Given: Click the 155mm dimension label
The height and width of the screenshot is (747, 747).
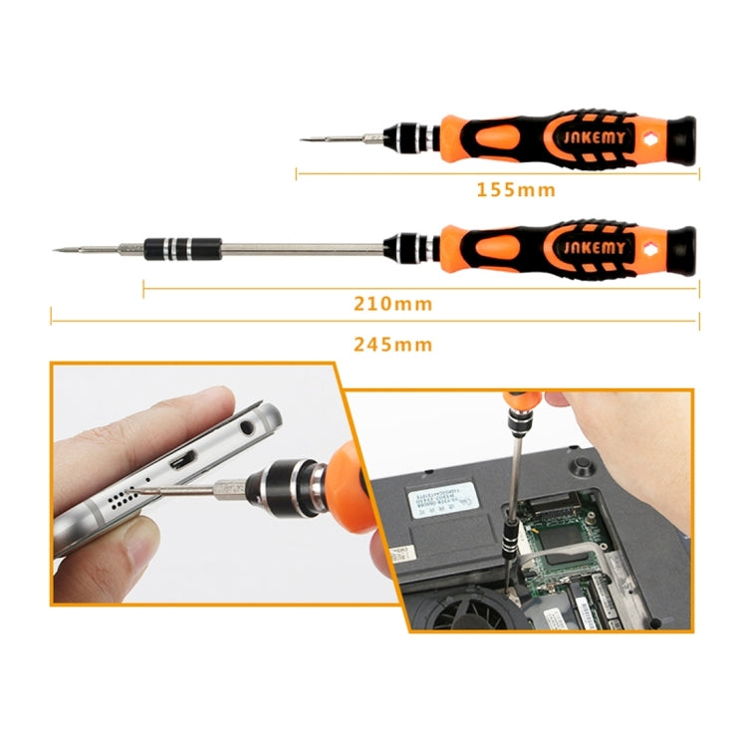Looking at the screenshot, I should (x=515, y=189).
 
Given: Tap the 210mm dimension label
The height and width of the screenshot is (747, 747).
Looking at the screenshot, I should (x=392, y=304).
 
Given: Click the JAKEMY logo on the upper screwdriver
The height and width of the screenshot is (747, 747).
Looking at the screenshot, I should (x=593, y=136).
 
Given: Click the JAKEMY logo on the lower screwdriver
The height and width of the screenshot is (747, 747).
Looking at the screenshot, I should (x=593, y=245).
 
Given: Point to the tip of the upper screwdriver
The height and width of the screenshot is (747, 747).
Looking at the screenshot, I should (x=303, y=138).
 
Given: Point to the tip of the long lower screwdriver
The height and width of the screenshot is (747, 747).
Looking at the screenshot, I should (x=54, y=248).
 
